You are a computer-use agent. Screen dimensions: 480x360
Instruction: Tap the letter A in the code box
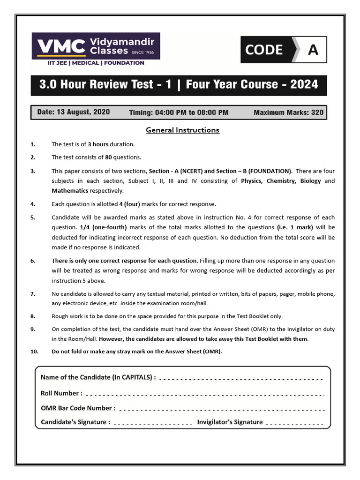click(x=313, y=50)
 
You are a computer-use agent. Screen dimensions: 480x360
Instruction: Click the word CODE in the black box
click(x=264, y=50)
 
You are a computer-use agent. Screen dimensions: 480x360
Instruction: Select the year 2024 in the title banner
click(x=304, y=84)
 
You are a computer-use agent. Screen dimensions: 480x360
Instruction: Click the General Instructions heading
click(x=182, y=130)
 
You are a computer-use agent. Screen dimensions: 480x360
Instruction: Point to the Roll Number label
click(x=61, y=393)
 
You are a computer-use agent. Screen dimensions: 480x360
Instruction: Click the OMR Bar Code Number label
click(x=78, y=408)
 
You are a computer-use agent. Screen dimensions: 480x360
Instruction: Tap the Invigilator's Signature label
click(x=230, y=422)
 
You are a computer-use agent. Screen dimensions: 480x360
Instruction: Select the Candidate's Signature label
click(x=75, y=422)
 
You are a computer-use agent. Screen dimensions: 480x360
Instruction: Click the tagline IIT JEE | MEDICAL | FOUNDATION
click(x=96, y=63)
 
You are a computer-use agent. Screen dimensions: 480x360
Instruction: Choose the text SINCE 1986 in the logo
click(x=142, y=52)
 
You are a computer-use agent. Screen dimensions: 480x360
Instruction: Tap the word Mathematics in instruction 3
click(x=69, y=191)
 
